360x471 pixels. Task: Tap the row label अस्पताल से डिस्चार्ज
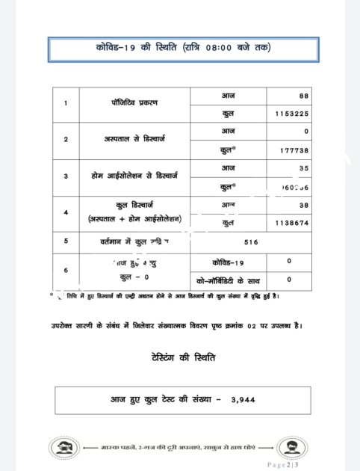tap(135, 140)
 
